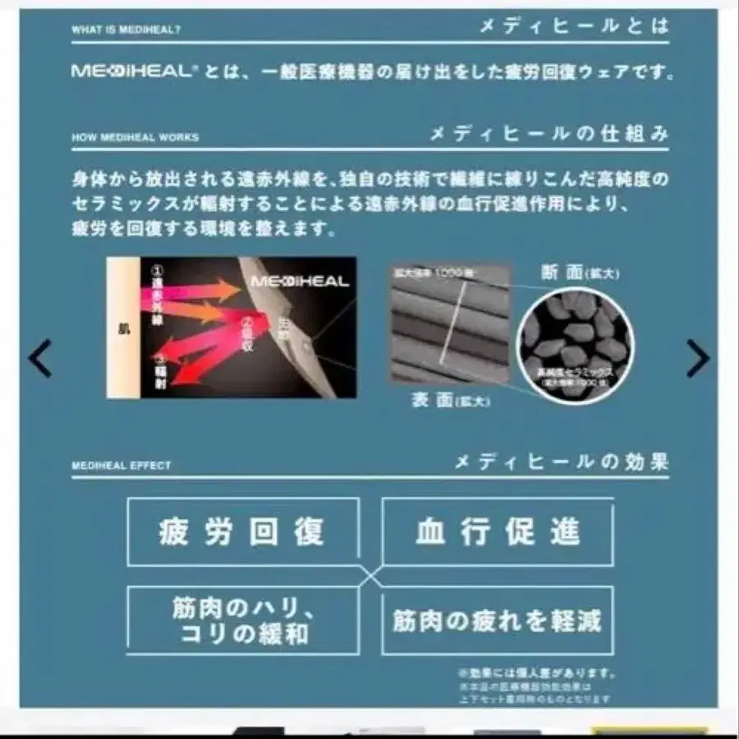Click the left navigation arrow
tap(39, 358)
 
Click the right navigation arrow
tap(698, 358)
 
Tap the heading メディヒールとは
tap(575, 26)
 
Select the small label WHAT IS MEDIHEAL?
tap(126, 30)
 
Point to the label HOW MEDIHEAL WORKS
tap(135, 137)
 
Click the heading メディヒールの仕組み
tap(549, 134)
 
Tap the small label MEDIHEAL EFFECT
tap(121, 466)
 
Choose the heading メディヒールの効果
tap(562, 462)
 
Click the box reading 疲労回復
tap(242, 531)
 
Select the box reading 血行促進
tap(498, 531)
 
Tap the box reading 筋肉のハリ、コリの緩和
tap(242, 621)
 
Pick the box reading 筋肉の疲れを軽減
tap(498, 621)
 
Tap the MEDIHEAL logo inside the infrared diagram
tap(300, 282)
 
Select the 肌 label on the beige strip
tap(124, 327)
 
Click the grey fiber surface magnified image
tap(449, 324)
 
